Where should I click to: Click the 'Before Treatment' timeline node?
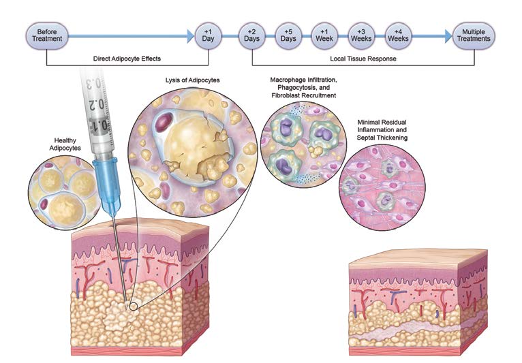(46, 34)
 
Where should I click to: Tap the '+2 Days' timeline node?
(251, 34)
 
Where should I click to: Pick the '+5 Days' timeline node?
(288, 34)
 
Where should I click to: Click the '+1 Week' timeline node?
(324, 34)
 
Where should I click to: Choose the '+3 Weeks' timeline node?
(361, 34)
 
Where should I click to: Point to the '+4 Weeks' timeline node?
(398, 34)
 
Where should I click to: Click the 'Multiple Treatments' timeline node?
(475, 34)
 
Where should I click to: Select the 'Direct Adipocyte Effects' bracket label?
(127, 59)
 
